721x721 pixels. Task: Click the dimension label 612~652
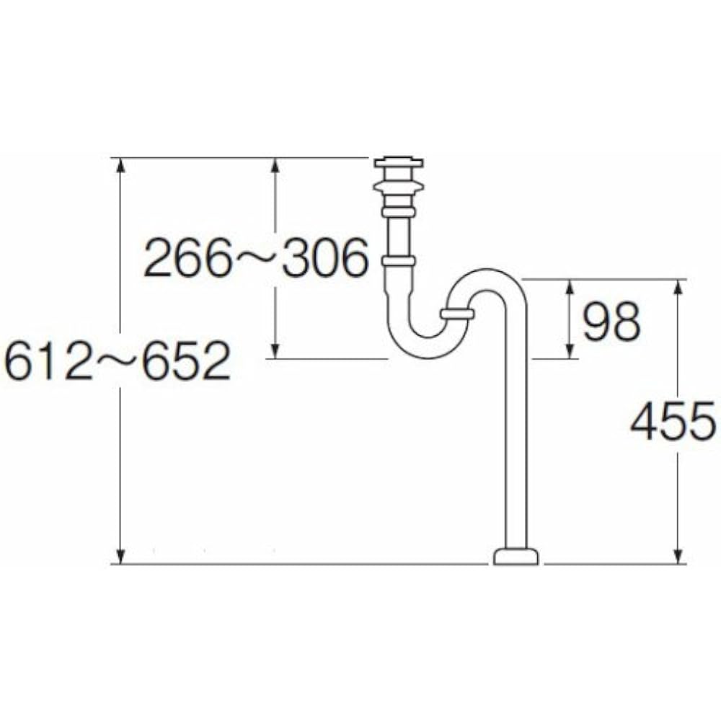(x=117, y=361)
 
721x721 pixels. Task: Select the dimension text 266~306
(x=256, y=259)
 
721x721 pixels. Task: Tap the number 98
(x=611, y=322)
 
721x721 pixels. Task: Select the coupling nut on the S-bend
(x=456, y=314)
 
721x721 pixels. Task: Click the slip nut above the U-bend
(x=398, y=261)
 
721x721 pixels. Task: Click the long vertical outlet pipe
(x=516, y=433)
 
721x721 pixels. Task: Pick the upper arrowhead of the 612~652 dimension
(x=121, y=166)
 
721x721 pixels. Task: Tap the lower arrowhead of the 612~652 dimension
(x=121, y=555)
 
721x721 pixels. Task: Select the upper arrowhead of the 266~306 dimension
(x=275, y=166)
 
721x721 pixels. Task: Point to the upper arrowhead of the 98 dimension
(x=570, y=287)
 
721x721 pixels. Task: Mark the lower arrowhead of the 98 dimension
(x=570, y=350)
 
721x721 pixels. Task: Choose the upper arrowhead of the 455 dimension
(x=678, y=288)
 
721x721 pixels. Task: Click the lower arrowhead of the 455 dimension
(x=678, y=555)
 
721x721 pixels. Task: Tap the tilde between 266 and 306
(x=256, y=259)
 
